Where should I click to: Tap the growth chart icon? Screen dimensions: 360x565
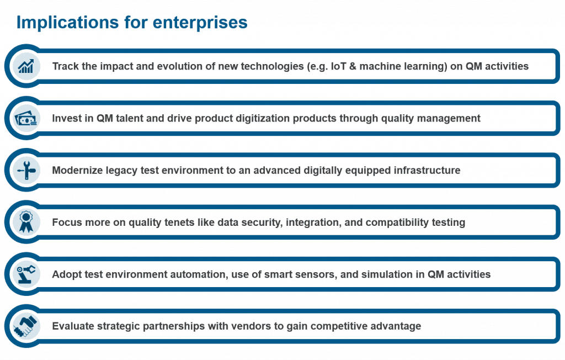(26, 66)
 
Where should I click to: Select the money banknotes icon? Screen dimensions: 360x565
(26, 118)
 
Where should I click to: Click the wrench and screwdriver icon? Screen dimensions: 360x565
(26, 170)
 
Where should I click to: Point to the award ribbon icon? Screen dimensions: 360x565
(26, 222)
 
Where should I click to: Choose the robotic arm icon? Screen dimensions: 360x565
(26, 274)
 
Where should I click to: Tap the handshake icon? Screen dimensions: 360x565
(26, 326)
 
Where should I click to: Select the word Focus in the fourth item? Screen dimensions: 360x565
(66, 222)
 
